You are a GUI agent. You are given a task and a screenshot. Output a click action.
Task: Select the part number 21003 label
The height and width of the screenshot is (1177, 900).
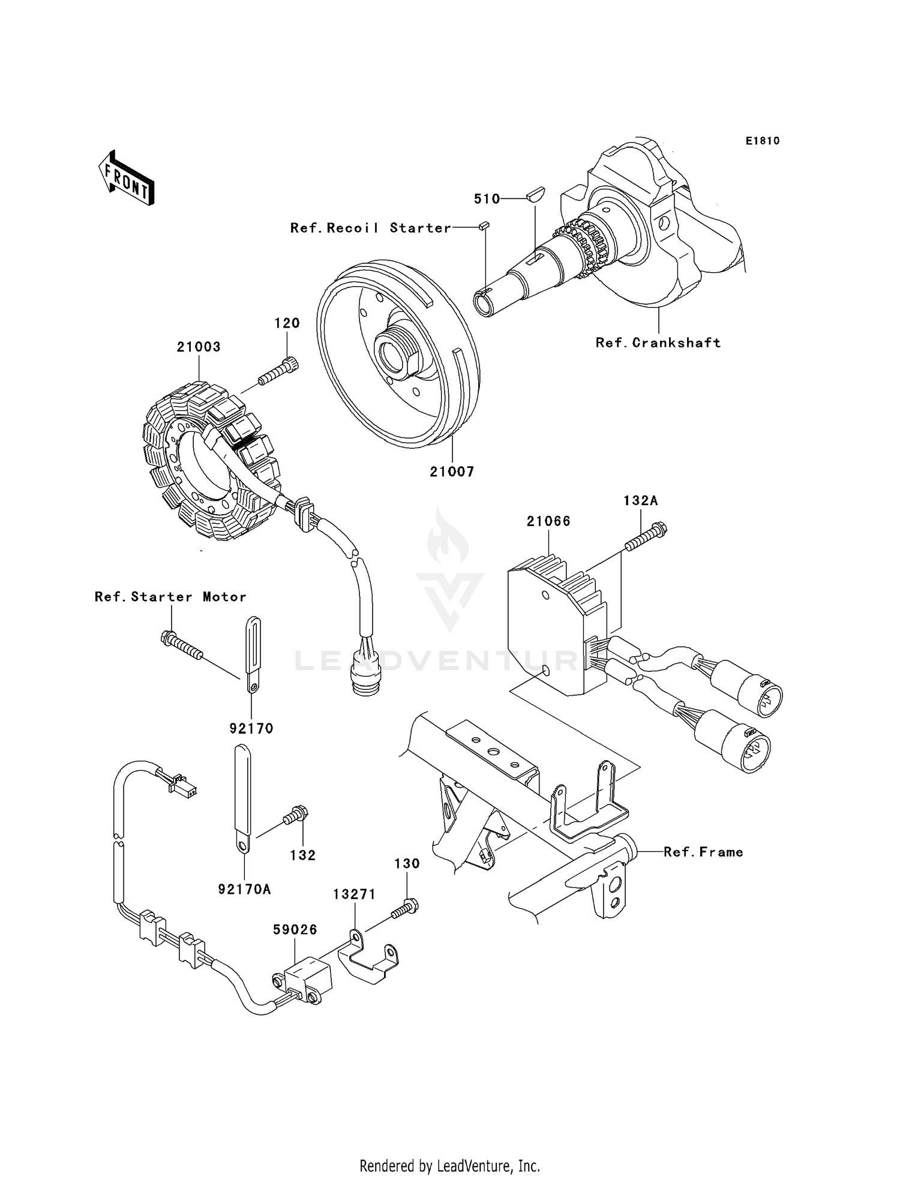pos(199,347)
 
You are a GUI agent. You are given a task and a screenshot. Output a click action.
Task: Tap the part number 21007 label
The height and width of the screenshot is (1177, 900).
pos(452,472)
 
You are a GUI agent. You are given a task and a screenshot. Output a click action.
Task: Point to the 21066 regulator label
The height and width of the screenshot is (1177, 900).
pos(548,521)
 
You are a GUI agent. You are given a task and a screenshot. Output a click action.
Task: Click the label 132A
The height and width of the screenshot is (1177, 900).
pos(640,500)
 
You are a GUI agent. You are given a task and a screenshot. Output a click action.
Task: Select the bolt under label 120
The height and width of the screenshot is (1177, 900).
pos(278,372)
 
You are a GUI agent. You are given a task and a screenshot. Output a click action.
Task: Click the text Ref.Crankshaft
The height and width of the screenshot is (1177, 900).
pos(658,343)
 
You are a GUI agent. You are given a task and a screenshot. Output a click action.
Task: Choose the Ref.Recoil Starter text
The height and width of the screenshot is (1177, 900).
pos(370,228)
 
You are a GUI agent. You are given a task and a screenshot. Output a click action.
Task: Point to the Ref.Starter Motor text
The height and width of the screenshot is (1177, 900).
pos(170,597)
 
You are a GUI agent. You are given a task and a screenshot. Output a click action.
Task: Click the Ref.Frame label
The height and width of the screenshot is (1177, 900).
pos(703,852)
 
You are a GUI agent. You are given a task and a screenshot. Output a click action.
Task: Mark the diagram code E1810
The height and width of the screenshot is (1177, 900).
pos(763,141)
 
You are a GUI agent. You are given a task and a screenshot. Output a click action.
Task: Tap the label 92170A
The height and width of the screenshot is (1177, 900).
pos(244,889)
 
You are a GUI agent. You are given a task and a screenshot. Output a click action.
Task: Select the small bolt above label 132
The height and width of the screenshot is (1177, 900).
pos(297,816)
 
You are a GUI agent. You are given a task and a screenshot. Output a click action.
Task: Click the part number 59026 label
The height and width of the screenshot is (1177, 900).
pos(295,929)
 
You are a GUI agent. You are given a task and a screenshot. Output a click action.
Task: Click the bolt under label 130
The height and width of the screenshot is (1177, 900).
pos(405,909)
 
